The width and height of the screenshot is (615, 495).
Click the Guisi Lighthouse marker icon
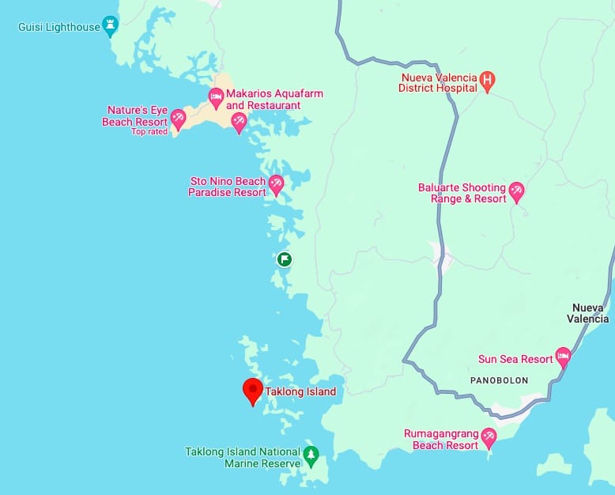(x=110, y=25)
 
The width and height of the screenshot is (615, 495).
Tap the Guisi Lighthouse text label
(x=59, y=27)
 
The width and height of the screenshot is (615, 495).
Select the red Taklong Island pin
(x=252, y=390)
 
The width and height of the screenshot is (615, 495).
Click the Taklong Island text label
(x=301, y=391)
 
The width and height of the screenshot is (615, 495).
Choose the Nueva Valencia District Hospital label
(x=439, y=83)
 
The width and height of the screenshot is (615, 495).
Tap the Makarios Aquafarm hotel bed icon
(x=215, y=96)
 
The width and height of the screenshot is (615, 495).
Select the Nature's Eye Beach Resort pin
(x=178, y=119)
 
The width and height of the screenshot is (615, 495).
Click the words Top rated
(x=149, y=131)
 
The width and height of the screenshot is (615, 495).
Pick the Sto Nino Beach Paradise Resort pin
(x=276, y=184)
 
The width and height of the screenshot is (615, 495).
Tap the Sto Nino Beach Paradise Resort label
(x=227, y=187)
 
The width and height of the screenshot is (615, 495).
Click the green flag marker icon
(x=284, y=259)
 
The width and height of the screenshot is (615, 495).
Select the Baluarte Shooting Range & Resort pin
(x=517, y=191)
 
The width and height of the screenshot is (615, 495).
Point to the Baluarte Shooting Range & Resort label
(x=462, y=194)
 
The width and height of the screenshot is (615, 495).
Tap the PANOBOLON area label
(x=499, y=380)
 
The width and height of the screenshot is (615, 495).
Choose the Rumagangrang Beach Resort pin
(x=489, y=436)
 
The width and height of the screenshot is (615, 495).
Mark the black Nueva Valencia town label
(x=589, y=313)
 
